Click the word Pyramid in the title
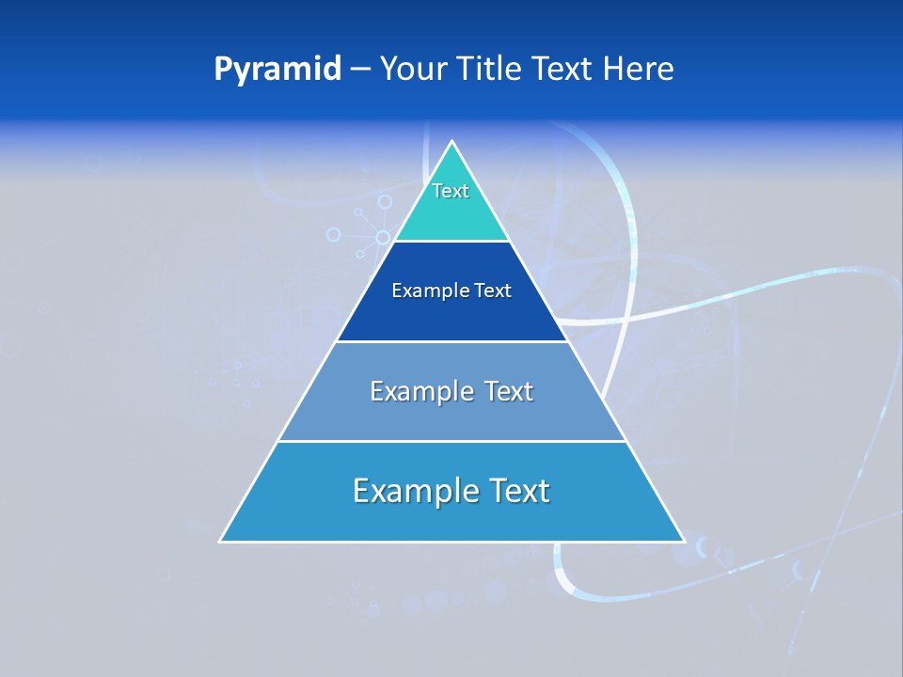tap(277, 70)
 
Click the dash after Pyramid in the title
tap(360, 70)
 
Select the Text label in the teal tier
tap(451, 191)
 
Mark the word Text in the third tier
tap(508, 391)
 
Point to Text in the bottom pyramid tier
tap(518, 491)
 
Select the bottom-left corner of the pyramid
tap(221, 541)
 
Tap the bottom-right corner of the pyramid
tap(683, 541)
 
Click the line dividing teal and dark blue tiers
tap(451, 242)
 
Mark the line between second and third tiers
tap(451, 341)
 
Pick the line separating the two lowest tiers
tap(451, 442)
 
